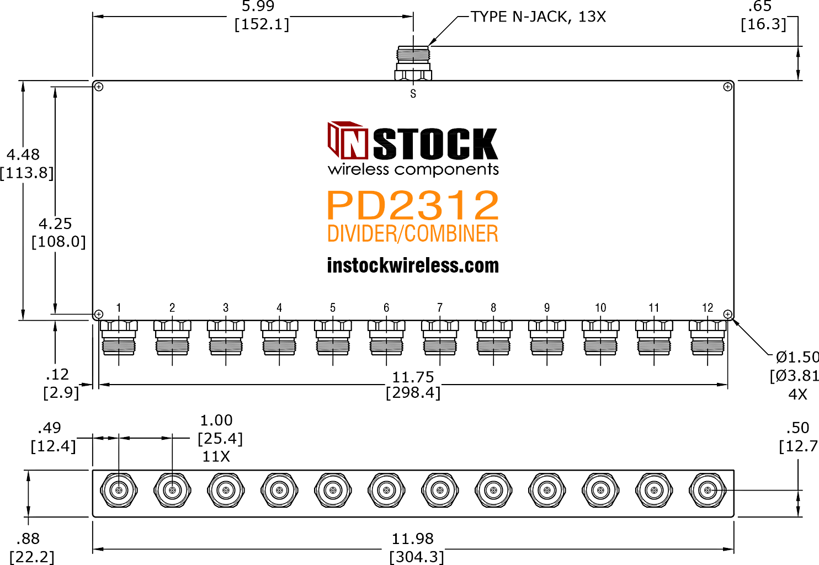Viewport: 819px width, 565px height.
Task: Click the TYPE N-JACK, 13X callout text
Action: [538, 17]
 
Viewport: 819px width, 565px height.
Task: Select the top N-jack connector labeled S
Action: [413, 63]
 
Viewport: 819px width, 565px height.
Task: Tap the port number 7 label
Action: [440, 308]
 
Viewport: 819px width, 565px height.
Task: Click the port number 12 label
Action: [708, 308]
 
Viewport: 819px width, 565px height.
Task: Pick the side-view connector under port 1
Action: [119, 338]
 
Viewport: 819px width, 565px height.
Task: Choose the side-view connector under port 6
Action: [386, 338]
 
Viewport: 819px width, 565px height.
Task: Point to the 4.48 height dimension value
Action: [23, 154]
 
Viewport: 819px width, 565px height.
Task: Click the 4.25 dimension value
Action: [55, 223]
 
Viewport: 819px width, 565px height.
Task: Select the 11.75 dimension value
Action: [413, 377]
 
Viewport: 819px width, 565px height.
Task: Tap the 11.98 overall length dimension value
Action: [413, 539]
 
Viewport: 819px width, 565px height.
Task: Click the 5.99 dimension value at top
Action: [258, 6]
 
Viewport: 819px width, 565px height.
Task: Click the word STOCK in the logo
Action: [435, 144]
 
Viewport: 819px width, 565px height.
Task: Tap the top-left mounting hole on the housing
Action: [99, 87]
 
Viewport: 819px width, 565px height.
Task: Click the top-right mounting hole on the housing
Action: [727, 87]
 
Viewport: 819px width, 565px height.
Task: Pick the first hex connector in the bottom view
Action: [119, 490]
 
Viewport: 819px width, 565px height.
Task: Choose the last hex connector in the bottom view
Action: [708, 490]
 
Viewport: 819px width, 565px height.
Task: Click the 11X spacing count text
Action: [216, 456]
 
